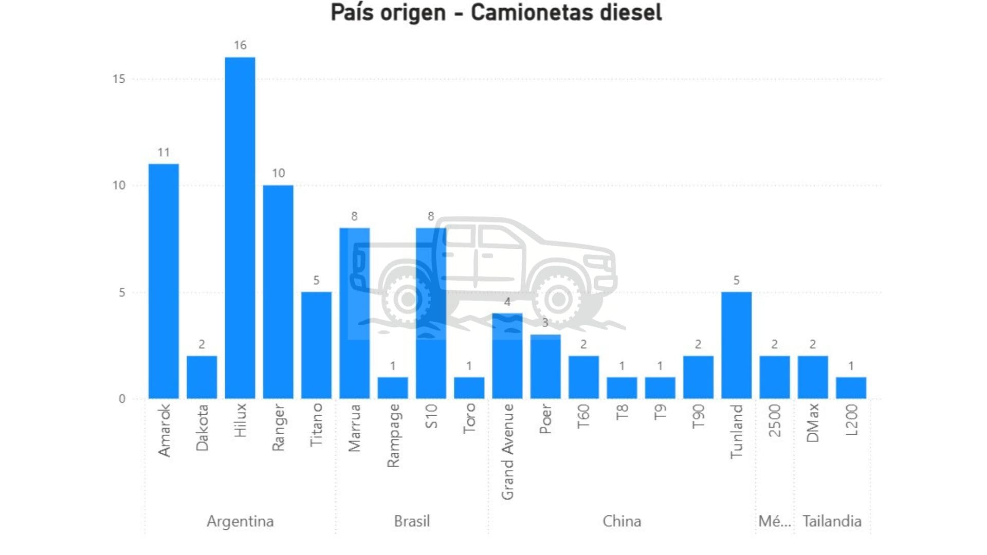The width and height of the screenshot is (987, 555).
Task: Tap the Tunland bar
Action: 736,345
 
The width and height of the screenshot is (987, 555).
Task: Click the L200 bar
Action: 851,387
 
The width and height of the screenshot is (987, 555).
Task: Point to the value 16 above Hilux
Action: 240,45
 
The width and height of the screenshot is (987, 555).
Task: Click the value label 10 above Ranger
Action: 278,173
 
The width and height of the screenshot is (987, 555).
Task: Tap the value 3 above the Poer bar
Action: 545,323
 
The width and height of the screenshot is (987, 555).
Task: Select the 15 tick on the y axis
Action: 119,79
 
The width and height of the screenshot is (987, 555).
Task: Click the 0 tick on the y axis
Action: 122,399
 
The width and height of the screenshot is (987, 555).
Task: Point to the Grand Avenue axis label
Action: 507,452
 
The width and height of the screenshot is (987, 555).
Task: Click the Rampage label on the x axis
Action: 393,436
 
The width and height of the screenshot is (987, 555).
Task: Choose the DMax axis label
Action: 813,423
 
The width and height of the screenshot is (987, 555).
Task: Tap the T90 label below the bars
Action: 698,417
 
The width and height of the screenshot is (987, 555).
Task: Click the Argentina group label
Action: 240,521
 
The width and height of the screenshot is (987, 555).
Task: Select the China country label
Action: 622,521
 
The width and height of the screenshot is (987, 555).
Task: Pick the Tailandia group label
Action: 832,521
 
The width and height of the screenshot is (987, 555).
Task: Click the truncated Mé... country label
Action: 775,521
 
